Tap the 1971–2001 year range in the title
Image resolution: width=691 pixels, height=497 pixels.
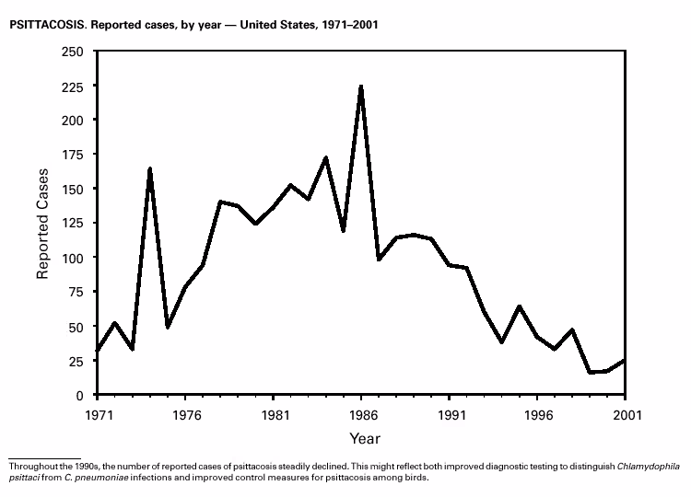pyautogui.click(x=345, y=24)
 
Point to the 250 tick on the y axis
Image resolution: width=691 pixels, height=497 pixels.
pyautogui.click(x=72, y=52)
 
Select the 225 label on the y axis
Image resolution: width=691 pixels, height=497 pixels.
pyautogui.click(x=72, y=86)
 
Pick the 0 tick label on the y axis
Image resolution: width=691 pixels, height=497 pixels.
pyautogui.click(x=80, y=396)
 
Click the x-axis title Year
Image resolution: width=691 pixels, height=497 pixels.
pyautogui.click(x=364, y=438)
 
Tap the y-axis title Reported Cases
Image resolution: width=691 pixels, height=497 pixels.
pyautogui.click(x=42, y=223)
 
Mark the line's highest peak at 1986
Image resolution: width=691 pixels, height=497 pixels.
pyautogui.click(x=361, y=86)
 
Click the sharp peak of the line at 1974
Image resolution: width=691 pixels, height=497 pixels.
pyautogui.click(x=149, y=168)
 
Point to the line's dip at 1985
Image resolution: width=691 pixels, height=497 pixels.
pyautogui.click(x=344, y=230)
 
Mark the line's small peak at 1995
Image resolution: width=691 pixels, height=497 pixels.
pyautogui.click(x=520, y=306)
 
